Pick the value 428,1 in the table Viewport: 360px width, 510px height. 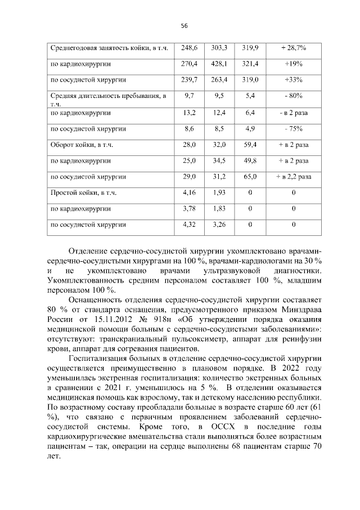[x=218, y=64]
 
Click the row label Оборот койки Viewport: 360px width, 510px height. [x=82, y=145]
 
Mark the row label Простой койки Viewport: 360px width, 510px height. [x=83, y=193]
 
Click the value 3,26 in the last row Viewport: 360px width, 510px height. [x=218, y=225]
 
